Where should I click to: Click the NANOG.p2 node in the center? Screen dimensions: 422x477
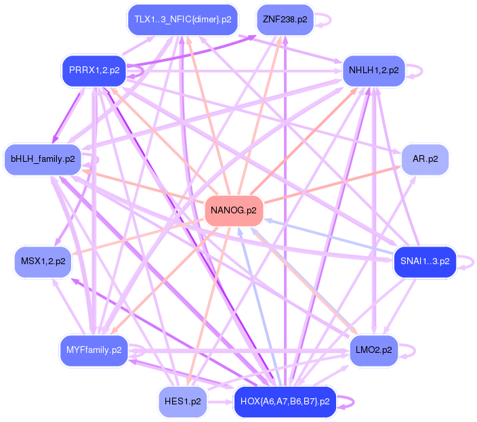234,211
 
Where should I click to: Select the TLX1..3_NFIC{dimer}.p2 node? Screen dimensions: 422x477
182,20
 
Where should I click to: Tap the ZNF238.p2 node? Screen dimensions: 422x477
285,20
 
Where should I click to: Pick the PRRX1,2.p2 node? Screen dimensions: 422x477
94,70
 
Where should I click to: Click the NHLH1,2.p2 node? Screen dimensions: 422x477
373,70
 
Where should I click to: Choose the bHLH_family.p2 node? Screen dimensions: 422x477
43,160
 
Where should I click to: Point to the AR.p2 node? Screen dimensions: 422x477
425,160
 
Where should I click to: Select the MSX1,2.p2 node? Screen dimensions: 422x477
43,261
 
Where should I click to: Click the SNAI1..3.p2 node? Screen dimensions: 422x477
425,261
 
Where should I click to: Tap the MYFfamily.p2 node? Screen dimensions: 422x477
94,350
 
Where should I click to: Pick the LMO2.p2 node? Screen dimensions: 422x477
373,350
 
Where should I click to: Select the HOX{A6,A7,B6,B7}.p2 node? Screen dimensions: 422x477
285,402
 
